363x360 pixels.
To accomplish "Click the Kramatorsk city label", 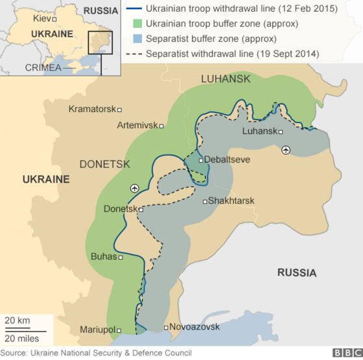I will coord(91,109).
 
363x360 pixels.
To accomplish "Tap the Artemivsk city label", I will coord(137,125).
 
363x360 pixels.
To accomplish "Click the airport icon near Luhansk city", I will coord(286,150).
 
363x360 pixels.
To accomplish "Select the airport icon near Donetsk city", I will coord(135,188).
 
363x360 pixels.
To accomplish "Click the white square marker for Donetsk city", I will coord(141,209).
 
